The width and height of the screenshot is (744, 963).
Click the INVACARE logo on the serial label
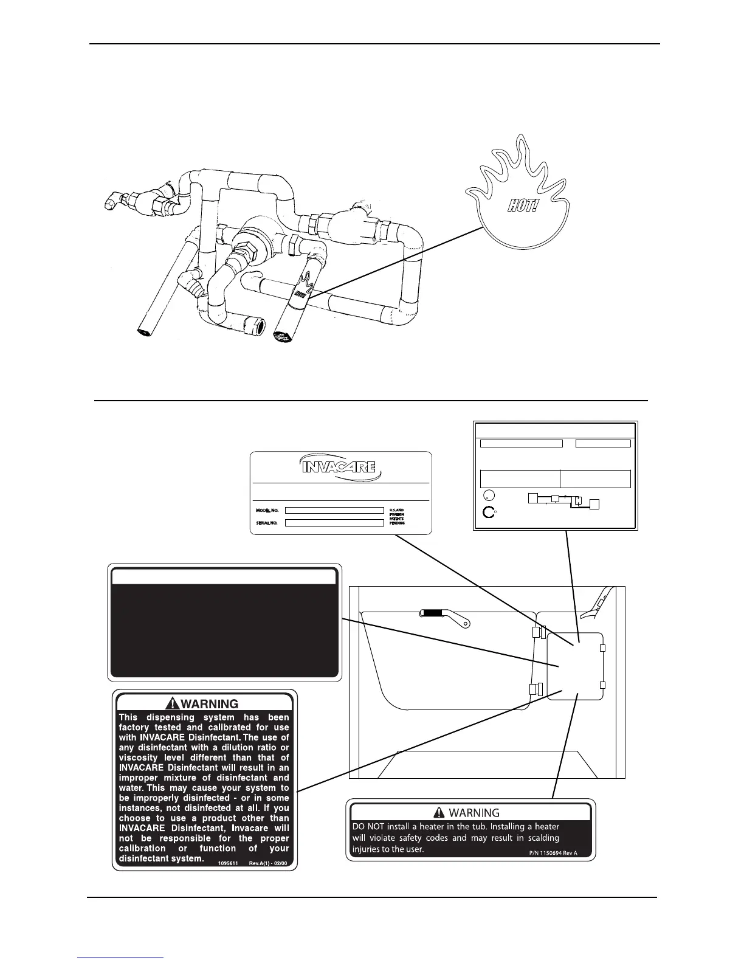click(339, 469)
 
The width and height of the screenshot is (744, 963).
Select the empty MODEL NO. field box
click(334, 511)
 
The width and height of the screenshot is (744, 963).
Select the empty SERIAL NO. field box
click(334, 522)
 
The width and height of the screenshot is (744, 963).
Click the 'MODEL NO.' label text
click(266, 511)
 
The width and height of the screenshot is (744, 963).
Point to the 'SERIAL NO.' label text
click(266, 523)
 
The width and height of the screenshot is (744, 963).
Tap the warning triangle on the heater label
click(438, 812)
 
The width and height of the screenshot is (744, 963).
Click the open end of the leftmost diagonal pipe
click(143, 333)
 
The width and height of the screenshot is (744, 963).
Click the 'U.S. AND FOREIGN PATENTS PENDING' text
click(397, 517)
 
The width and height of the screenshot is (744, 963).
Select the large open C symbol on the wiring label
click(488, 512)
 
